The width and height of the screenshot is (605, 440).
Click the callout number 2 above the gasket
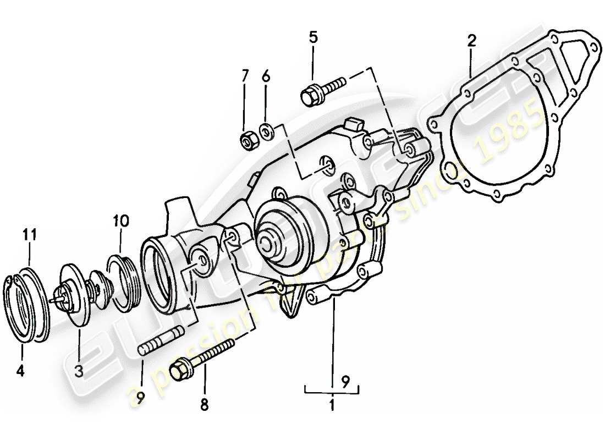coord(471,40)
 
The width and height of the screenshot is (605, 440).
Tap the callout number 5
coord(313,38)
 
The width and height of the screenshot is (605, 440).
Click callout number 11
coord(30,235)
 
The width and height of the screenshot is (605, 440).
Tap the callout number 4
coord(20,371)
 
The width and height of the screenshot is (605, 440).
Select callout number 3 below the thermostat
coord(79,372)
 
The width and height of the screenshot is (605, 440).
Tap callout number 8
coord(204,405)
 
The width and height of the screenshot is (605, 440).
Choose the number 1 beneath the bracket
coord(332,408)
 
